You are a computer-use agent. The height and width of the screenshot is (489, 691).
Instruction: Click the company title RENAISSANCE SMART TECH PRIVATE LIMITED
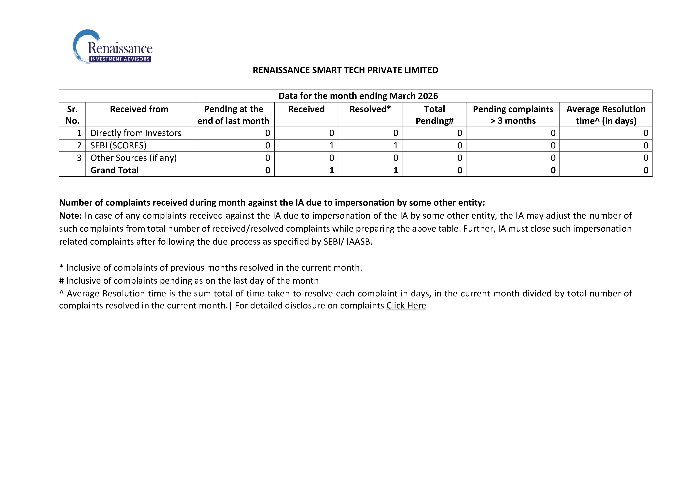point(345,70)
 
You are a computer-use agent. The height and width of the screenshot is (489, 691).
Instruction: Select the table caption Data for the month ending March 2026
point(358,96)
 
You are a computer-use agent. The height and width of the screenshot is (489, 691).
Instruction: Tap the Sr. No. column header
point(72,115)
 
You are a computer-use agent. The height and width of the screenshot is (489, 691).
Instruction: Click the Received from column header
point(139,109)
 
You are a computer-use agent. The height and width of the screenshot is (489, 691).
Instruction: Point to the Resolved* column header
point(370,109)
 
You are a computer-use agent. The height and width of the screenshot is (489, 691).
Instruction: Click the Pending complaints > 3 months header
point(513,115)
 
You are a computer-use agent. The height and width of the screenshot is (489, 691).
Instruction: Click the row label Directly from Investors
point(136,133)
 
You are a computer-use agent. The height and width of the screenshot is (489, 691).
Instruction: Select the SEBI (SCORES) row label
point(118,145)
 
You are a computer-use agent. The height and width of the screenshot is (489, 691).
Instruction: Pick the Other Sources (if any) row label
point(133,158)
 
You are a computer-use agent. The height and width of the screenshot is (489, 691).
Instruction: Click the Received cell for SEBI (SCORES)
point(331,145)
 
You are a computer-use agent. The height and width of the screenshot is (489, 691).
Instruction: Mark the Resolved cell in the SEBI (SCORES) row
point(396,145)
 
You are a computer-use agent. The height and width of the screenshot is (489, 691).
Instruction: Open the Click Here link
point(406,306)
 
